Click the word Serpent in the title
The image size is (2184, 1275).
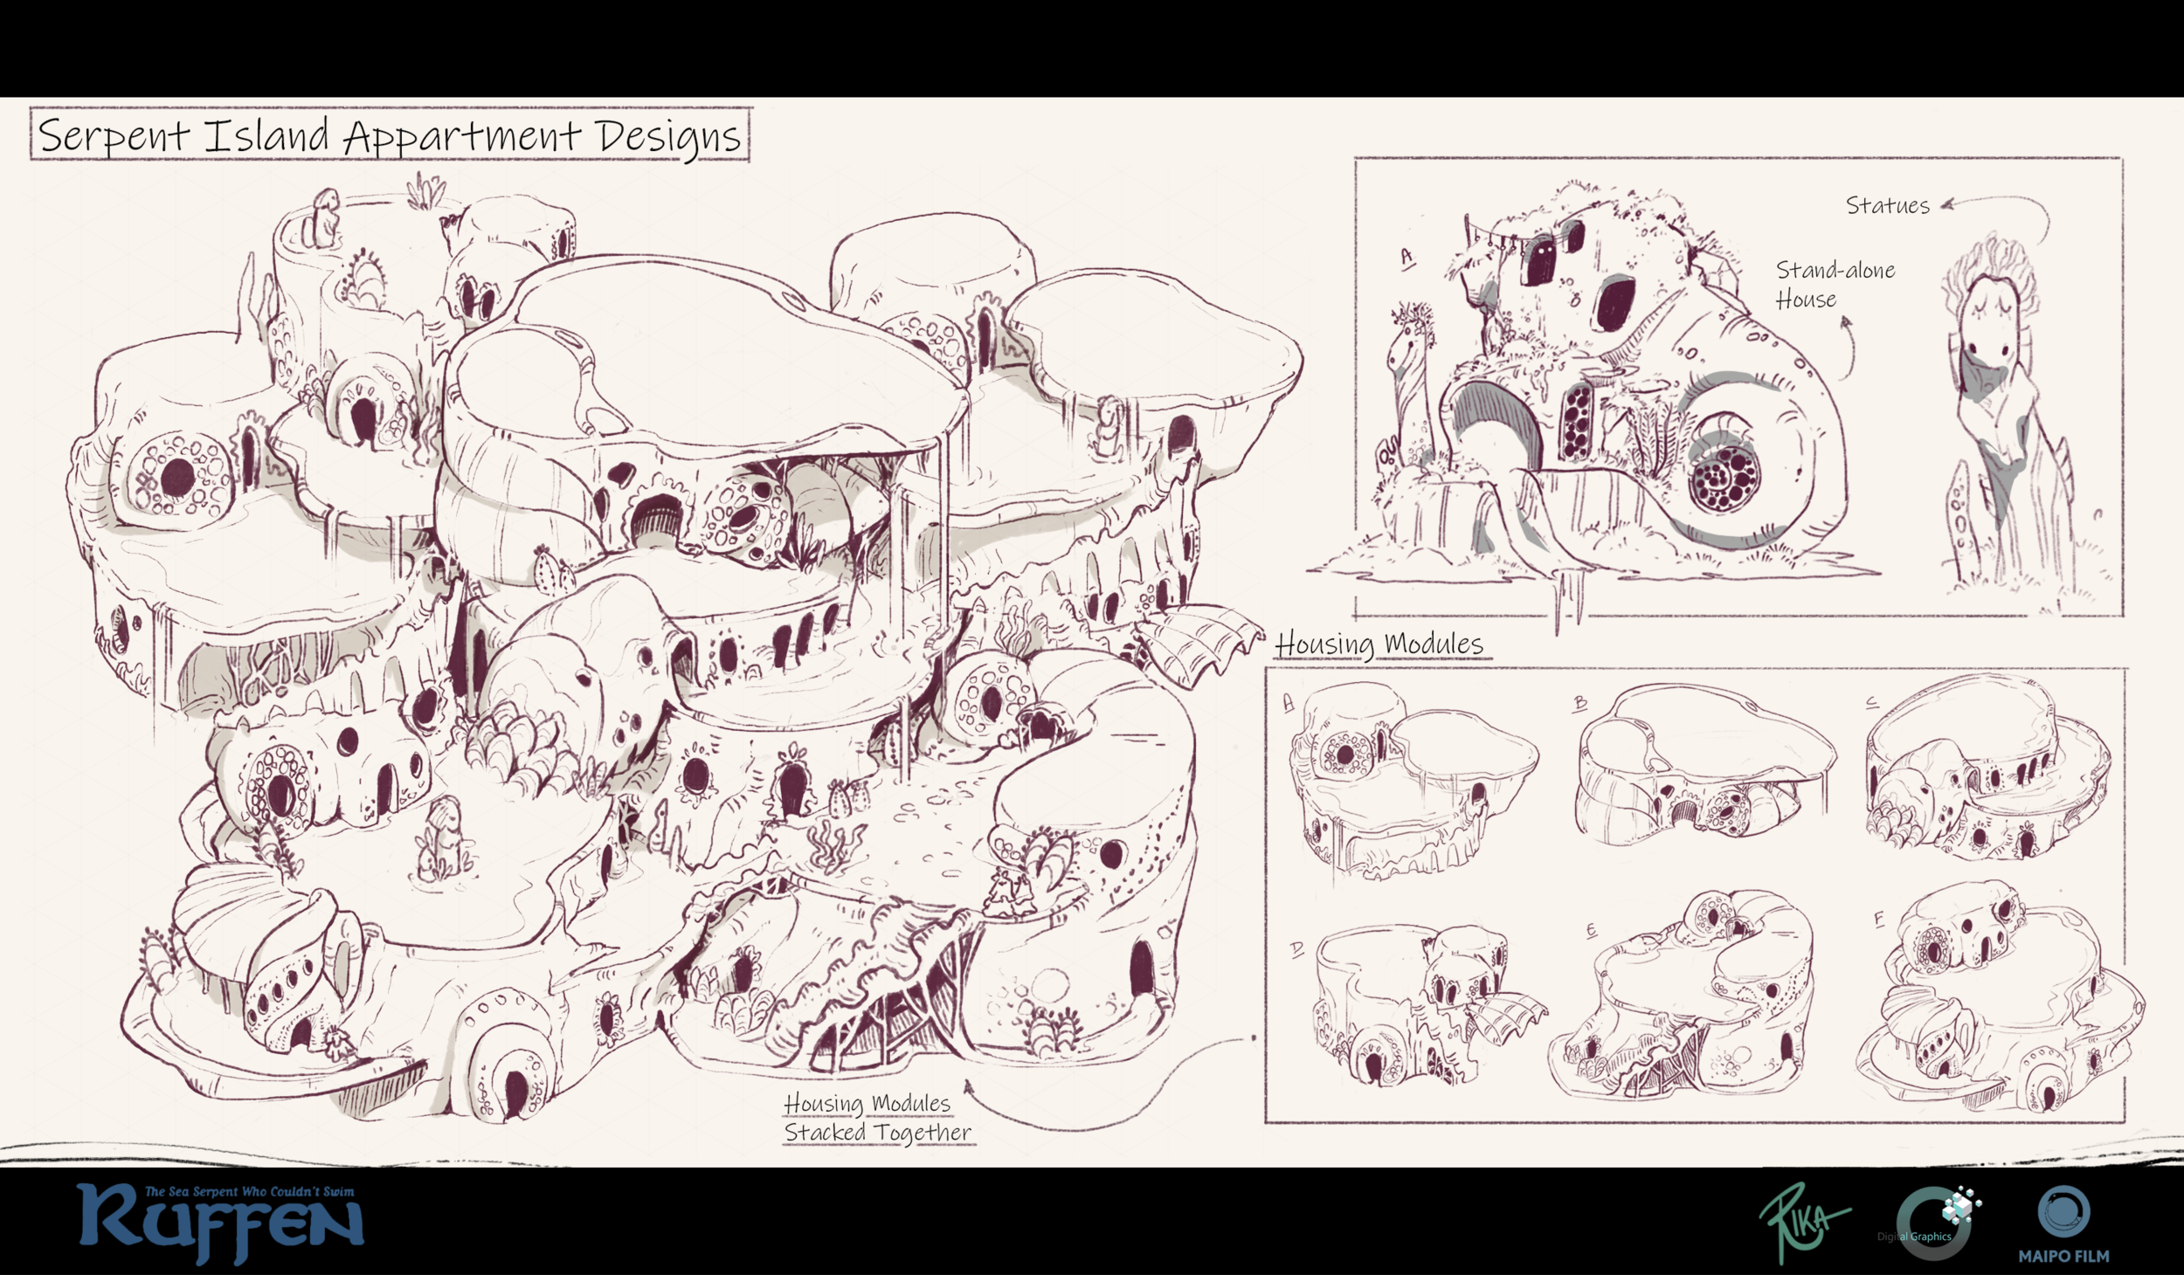(114, 137)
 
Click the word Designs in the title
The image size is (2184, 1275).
(668, 137)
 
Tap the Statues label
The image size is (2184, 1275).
(1887, 206)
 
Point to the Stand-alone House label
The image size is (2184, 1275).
(1834, 285)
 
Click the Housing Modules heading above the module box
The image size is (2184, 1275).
(1379, 644)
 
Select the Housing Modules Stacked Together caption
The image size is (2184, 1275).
(876, 1118)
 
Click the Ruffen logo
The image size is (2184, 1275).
(220, 1223)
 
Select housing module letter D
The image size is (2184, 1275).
(1296, 948)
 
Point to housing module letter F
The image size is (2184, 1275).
(1878, 919)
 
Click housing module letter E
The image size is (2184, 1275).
(1591, 931)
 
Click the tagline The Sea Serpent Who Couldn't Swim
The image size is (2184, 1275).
(249, 1191)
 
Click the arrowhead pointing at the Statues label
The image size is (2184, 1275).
(1947, 206)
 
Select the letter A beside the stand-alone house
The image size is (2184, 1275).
(1406, 257)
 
